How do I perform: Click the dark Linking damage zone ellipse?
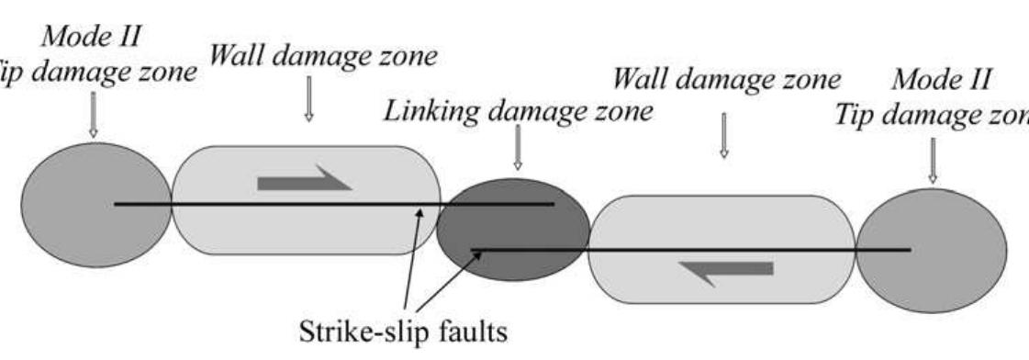point(512,228)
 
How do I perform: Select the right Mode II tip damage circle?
point(931,250)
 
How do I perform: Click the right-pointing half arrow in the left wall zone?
point(303,179)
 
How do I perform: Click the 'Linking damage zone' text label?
point(518,112)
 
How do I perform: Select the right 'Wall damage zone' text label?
point(726,79)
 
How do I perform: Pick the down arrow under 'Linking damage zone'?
point(518,148)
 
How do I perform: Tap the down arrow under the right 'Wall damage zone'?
point(723,136)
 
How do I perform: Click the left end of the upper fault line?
point(117,204)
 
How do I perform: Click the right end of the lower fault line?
point(909,249)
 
